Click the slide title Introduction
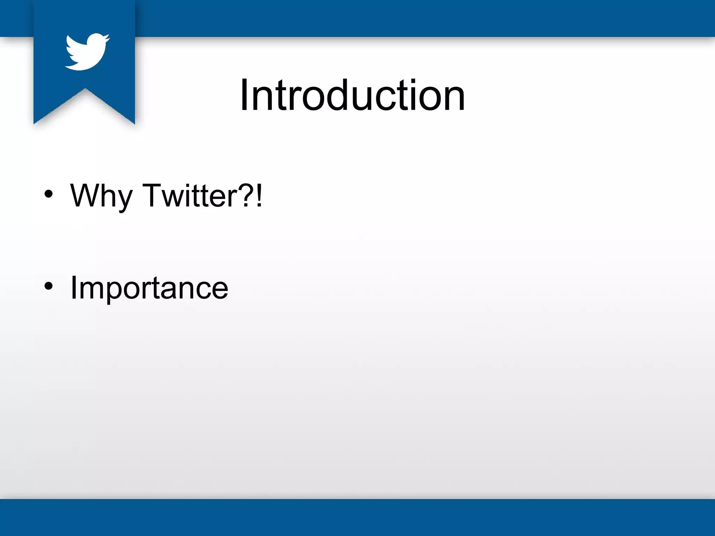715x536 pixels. pos(352,95)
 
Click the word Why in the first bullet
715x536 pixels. pos(101,196)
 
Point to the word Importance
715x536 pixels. pos(149,288)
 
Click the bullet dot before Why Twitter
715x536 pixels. pos(49,194)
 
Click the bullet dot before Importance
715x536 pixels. pos(49,286)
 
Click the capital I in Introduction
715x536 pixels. pos(244,95)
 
